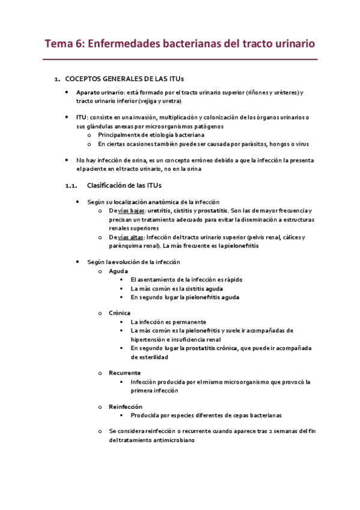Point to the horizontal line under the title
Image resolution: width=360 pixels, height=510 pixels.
[x=180, y=60]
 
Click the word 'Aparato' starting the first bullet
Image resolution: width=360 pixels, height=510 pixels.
[x=88, y=92]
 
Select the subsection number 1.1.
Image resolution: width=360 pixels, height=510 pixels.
[x=72, y=185]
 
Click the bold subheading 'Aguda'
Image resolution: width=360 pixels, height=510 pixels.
[x=118, y=271]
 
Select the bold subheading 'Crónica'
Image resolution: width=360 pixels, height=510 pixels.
[x=120, y=313]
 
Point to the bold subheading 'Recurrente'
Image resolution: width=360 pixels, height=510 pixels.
[x=125, y=373]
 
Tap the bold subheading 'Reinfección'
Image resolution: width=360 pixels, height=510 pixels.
[x=126, y=407]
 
